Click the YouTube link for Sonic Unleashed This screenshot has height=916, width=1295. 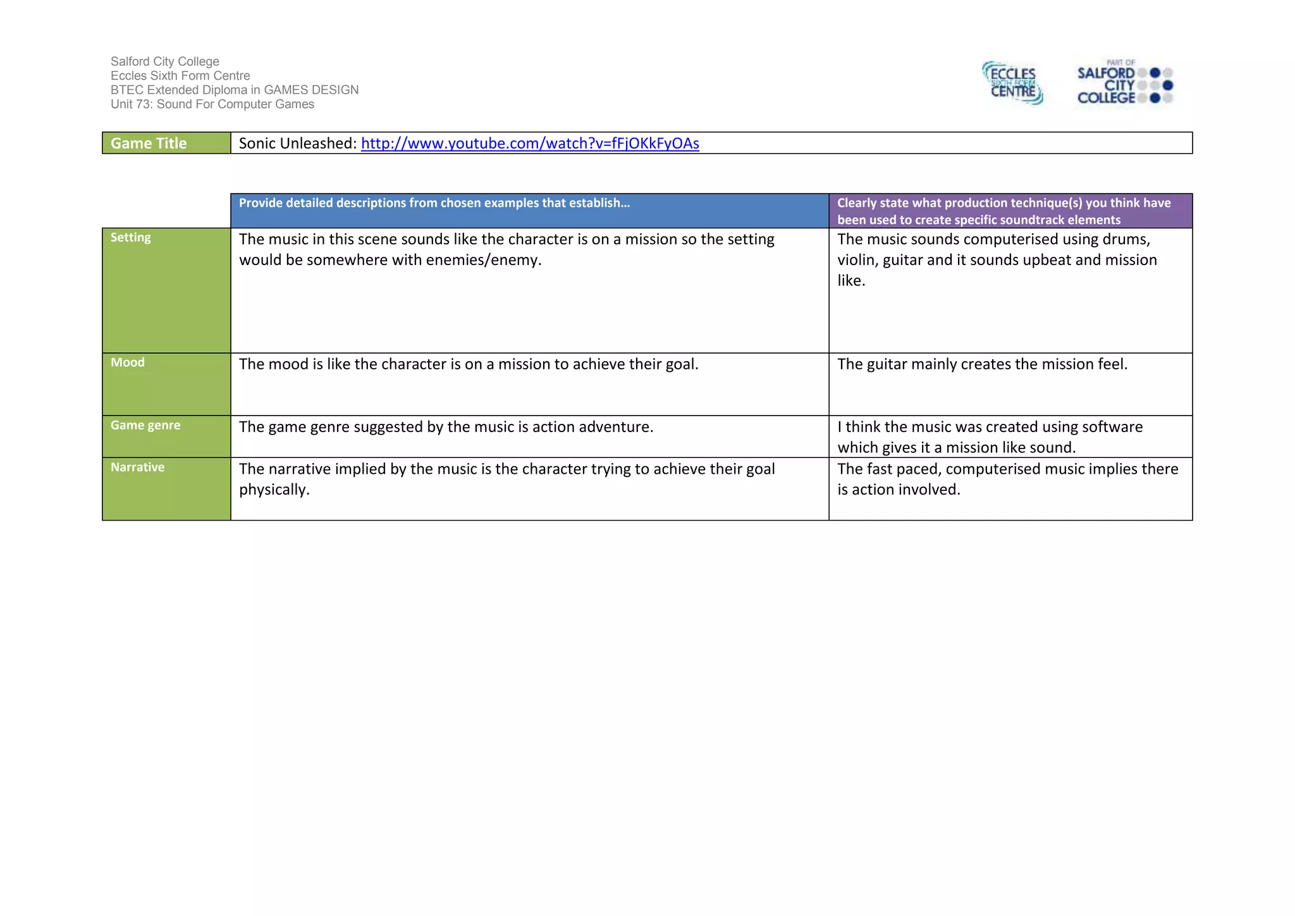530,144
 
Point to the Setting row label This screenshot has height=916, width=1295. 131,238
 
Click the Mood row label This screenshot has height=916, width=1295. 128,362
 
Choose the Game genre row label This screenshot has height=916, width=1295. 145,426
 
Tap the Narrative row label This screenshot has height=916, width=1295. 137,467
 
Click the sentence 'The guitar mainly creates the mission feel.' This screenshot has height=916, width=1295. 982,364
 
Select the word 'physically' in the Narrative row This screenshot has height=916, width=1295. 273,490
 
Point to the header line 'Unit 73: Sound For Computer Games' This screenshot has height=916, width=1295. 212,104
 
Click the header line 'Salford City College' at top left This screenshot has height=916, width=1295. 165,61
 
